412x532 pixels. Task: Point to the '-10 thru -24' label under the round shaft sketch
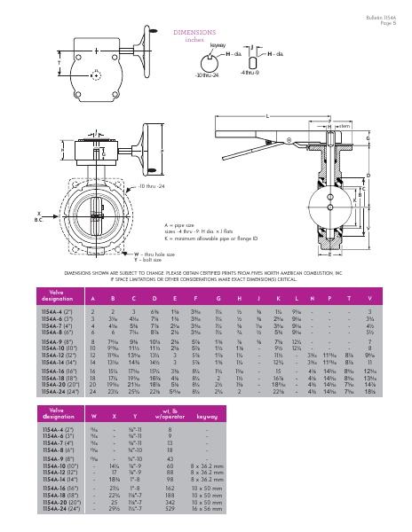click(208, 75)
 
